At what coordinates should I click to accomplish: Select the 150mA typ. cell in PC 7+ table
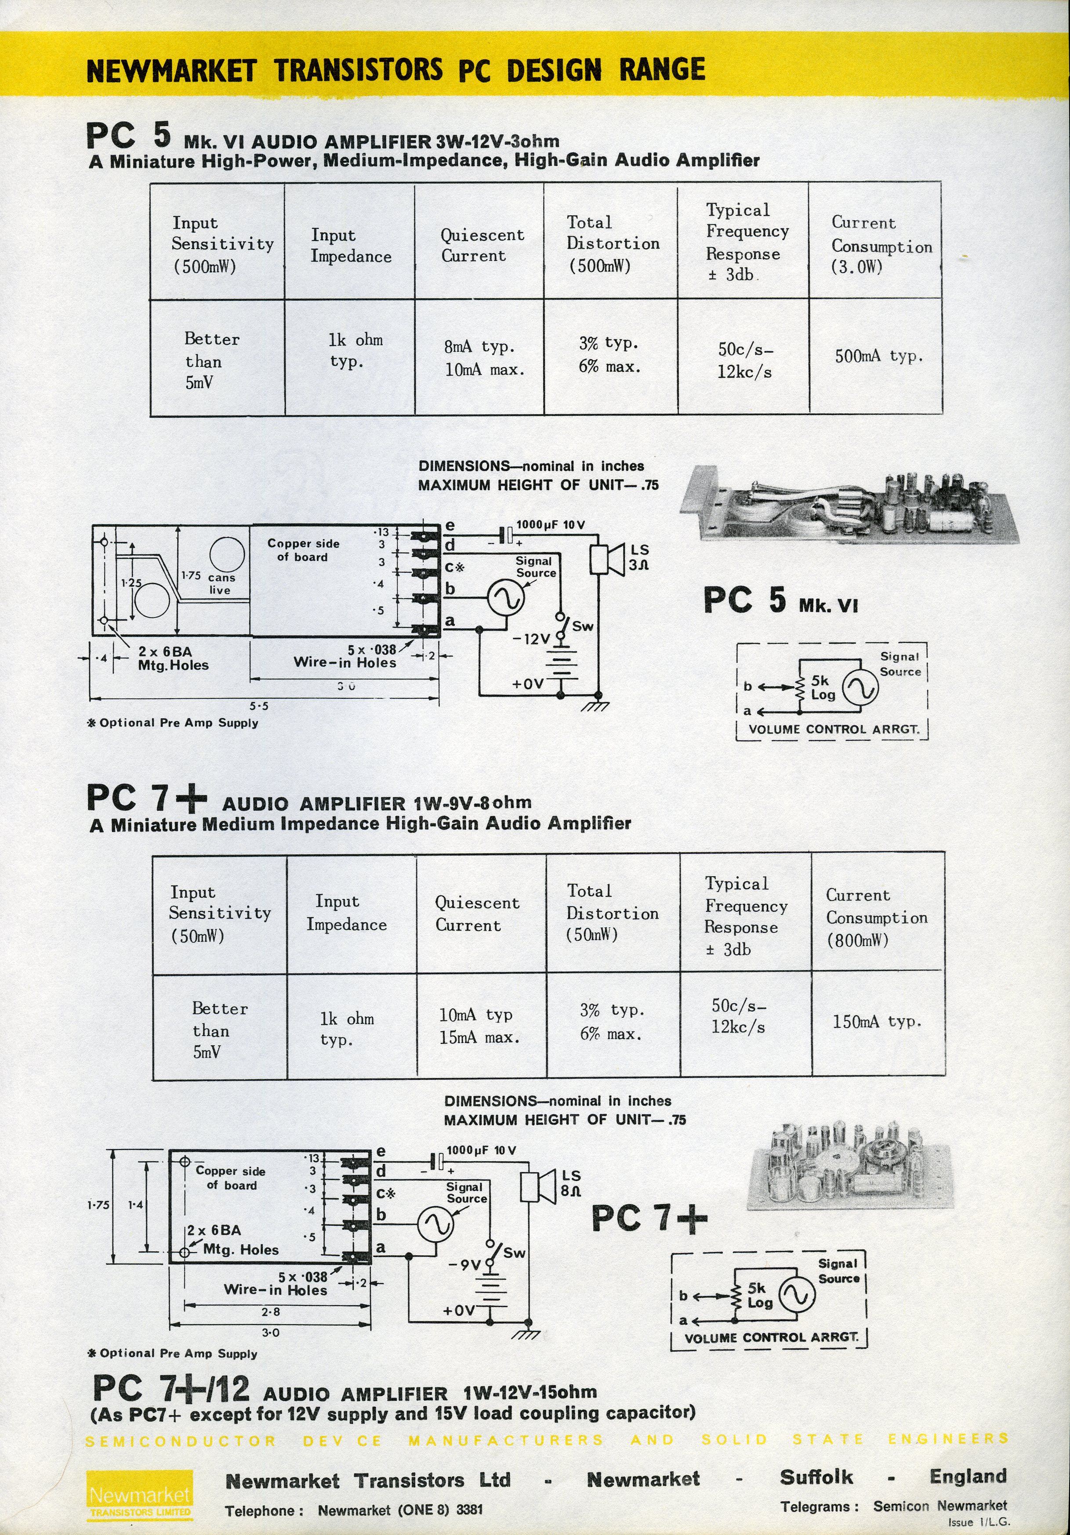click(x=877, y=1022)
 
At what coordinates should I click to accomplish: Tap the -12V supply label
click(x=532, y=639)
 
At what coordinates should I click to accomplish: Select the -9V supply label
click(x=465, y=1265)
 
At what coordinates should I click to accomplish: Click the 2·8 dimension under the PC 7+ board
click(x=270, y=1312)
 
